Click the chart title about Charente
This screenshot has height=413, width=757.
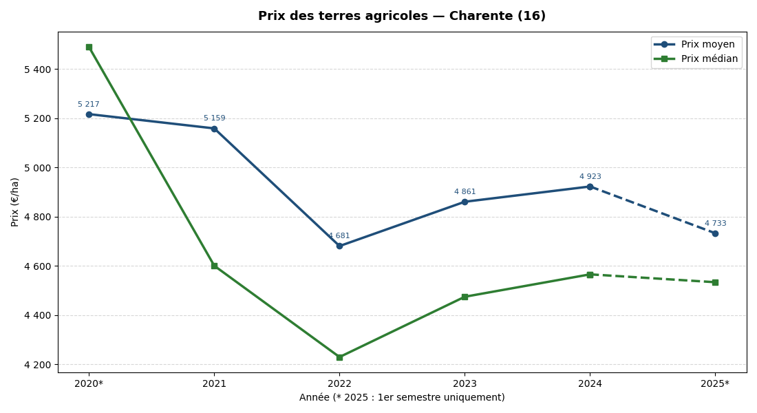402,16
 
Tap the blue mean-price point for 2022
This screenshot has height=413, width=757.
339,246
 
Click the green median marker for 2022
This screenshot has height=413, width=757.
339,357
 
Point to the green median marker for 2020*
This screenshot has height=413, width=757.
89,47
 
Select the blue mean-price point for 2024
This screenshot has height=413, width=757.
590,187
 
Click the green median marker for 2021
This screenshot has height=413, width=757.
214,266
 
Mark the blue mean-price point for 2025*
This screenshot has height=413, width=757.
715,233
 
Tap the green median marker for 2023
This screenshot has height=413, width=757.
465,297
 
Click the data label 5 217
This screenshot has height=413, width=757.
89,105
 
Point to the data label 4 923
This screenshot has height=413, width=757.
590,177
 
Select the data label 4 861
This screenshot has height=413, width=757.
465,192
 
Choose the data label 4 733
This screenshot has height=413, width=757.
715,224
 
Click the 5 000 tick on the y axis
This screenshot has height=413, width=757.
37,168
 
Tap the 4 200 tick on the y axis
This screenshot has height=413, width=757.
37,365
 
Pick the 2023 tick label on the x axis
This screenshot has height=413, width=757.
465,384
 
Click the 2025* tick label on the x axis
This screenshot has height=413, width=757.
715,384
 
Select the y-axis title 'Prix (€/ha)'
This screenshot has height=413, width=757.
15,202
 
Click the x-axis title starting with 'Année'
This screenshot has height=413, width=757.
402,398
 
